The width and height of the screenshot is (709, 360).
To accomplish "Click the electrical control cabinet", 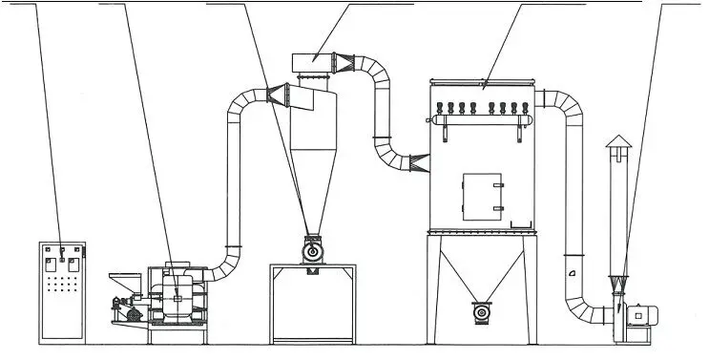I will pos(61,292).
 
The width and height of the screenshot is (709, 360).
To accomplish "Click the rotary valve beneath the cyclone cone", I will pos(310,250).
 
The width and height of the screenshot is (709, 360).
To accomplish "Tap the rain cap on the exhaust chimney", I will pos(617,143).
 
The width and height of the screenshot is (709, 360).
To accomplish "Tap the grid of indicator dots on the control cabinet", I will pos(61,286).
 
